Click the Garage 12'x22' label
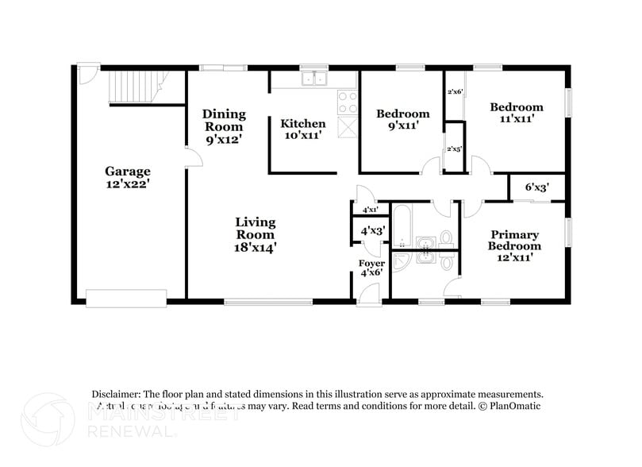pyautogui.click(x=128, y=177)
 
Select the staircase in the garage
pyautogui.click(x=139, y=87)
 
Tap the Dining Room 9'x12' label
pyautogui.click(x=224, y=126)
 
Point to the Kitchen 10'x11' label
pyautogui.click(x=302, y=129)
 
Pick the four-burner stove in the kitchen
pyautogui.click(x=348, y=101)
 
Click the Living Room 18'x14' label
pyautogui.click(x=255, y=234)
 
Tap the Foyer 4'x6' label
pyautogui.click(x=371, y=268)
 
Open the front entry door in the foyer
pyautogui.click(x=369, y=293)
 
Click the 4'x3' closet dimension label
pyautogui.click(x=372, y=231)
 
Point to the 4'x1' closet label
pyautogui.click(x=370, y=210)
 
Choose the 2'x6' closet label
pyautogui.click(x=454, y=92)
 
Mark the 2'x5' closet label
pyautogui.click(x=454, y=149)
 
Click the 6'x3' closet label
pyautogui.click(x=537, y=188)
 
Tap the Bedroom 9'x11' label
pyautogui.click(x=402, y=119)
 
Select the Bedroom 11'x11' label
pyautogui.click(x=516, y=113)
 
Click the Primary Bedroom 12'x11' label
pyautogui.click(x=514, y=245)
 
